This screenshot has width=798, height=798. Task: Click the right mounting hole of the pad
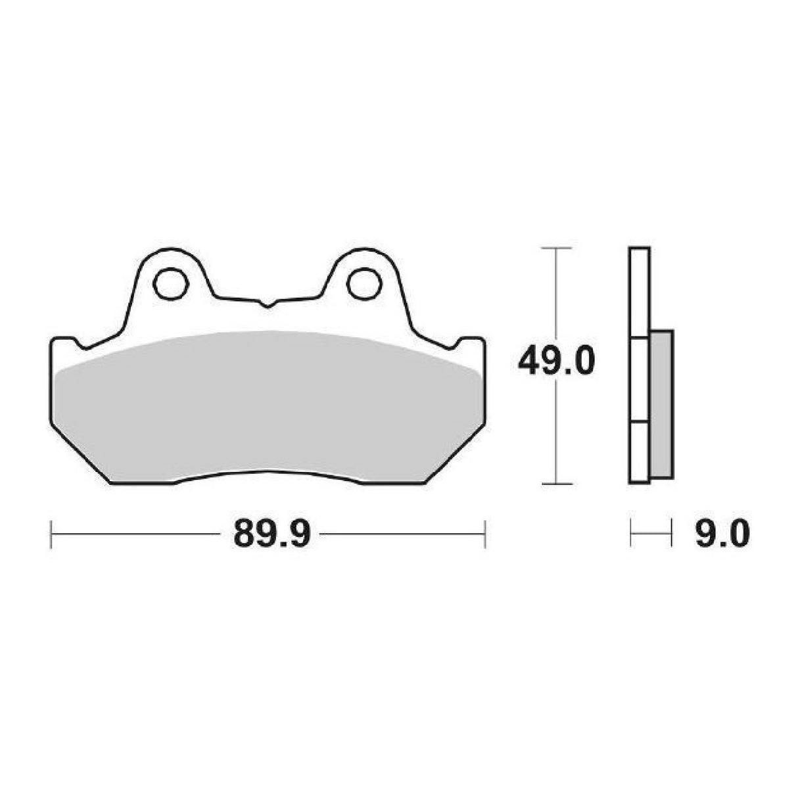pyautogui.click(x=362, y=283)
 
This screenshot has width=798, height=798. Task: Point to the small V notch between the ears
pyautogui.click(x=266, y=304)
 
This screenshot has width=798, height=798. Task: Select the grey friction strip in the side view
pyautogui.click(x=661, y=404)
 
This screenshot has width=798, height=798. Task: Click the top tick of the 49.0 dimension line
pyautogui.click(x=557, y=248)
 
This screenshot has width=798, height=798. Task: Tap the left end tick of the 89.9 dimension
pyautogui.click(x=51, y=533)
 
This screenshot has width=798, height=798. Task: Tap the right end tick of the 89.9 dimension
pyautogui.click(x=484, y=533)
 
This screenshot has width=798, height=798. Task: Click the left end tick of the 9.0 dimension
pyautogui.click(x=631, y=533)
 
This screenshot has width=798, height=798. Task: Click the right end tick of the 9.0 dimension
pyautogui.click(x=671, y=533)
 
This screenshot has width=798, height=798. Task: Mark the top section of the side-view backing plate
pyautogui.click(x=639, y=293)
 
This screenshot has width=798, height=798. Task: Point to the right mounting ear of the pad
pyautogui.click(x=363, y=276)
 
